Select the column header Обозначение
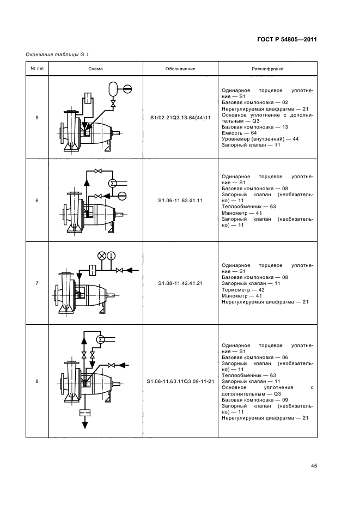pos(180,69)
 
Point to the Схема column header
pos(95,69)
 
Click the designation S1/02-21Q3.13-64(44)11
pos(180,118)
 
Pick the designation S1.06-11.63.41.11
pos(180,201)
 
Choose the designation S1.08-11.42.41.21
pos(180,283)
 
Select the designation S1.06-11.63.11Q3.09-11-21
pos(180,381)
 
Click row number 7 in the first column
pos(37,283)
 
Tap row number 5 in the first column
pos(37,118)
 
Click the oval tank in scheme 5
pos(113,87)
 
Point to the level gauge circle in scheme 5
pos(127,87)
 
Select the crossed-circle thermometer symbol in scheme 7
pos(101,256)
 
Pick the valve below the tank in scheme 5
pos(113,103)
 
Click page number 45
pos(314,466)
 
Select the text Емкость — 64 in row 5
pos(241,133)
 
